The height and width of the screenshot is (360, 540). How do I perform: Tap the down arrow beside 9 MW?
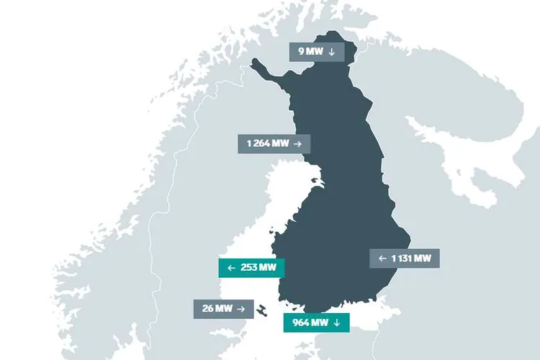pos(331,52)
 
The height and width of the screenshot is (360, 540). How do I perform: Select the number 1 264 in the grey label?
pos(258,143)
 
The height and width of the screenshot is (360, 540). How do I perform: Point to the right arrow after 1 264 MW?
pos(297,143)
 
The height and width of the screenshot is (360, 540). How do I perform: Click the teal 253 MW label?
pos(251,268)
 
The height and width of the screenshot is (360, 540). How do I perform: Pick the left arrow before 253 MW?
pos(231,268)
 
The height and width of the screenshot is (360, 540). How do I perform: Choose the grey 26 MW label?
pos(223,309)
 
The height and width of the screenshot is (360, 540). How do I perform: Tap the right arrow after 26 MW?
pos(241,309)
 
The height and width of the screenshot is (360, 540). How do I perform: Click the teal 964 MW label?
pos(316,323)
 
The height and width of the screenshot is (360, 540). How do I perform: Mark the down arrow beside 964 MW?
pos(336,323)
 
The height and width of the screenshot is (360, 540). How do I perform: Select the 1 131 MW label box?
pos(405,258)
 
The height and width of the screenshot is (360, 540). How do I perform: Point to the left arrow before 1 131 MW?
pos(382,258)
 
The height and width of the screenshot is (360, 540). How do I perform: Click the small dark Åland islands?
pos(262,310)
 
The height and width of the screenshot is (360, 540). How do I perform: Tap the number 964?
pos(300,323)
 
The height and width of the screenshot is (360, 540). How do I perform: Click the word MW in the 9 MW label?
pos(315,52)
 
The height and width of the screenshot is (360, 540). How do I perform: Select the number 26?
pos(207,309)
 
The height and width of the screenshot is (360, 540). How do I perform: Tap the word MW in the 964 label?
pos(319,323)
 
